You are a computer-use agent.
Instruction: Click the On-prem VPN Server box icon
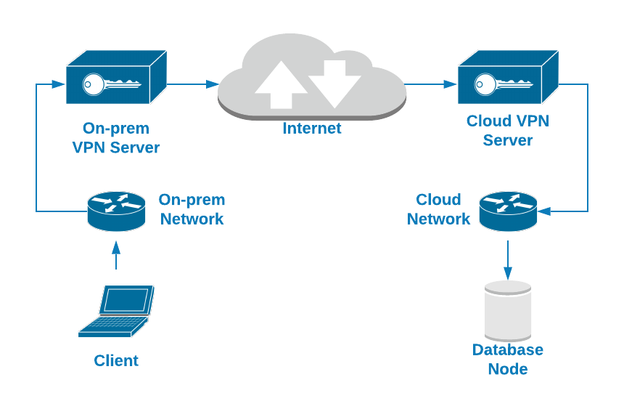pyautogui.click(x=116, y=78)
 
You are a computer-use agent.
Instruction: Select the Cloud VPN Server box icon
pyautogui.click(x=507, y=78)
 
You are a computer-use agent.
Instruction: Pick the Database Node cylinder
pyautogui.click(x=508, y=310)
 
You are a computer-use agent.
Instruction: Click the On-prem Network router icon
pyautogui.click(x=116, y=210)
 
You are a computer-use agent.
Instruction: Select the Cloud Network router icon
pyautogui.click(x=508, y=211)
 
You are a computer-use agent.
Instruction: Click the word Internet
pyautogui.click(x=312, y=129)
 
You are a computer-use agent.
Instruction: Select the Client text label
pyautogui.click(x=116, y=360)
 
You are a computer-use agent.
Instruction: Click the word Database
pyautogui.click(x=508, y=350)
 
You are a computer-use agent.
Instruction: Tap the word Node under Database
pyautogui.click(x=508, y=369)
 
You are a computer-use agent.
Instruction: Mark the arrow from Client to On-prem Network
pyautogui.click(x=116, y=255)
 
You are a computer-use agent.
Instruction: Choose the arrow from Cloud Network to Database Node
pyautogui.click(x=508, y=260)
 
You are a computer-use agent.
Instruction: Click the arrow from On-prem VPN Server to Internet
pyautogui.click(x=193, y=84)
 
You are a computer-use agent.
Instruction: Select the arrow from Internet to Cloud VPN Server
pyautogui.click(x=431, y=84)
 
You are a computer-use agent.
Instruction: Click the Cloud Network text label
pyautogui.click(x=438, y=209)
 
